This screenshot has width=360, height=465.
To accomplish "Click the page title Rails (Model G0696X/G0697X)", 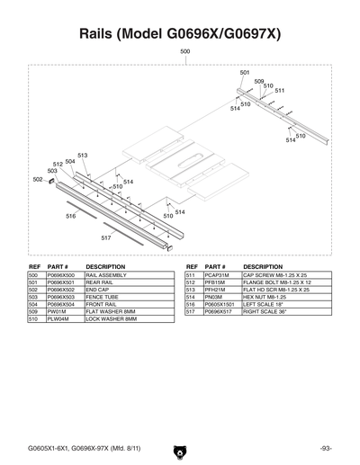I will pyautogui.click(x=180, y=33).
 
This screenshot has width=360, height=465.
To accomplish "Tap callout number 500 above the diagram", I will pyautogui.click(x=184, y=53).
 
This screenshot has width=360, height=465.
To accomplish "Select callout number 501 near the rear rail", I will pyautogui.click(x=245, y=72).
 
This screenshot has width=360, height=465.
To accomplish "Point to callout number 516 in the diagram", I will pyautogui.click(x=70, y=216).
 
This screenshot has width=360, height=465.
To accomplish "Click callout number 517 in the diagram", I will pyautogui.click(x=106, y=237).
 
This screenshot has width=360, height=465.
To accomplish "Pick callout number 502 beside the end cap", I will pyautogui.click(x=37, y=179).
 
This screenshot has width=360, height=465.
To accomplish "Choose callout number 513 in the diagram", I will pyautogui.click(x=83, y=156).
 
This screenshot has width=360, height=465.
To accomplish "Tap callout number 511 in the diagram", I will pyautogui.click(x=280, y=91).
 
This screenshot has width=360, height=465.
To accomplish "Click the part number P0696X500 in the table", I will pyautogui.click(x=64, y=276).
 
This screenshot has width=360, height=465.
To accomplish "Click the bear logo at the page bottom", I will pyautogui.click(x=180, y=447).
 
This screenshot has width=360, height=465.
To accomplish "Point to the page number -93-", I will pyautogui.click(x=325, y=447).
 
